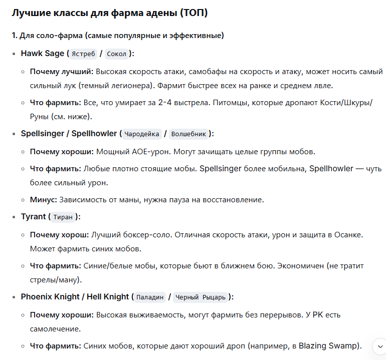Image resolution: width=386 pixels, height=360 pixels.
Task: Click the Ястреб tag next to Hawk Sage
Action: point(83,54)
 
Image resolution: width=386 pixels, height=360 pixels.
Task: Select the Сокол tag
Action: point(117,54)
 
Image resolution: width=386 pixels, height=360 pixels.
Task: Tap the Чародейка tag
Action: point(142,134)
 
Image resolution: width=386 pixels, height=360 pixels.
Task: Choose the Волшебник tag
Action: point(188,134)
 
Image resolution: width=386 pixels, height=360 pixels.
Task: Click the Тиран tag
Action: point(63,217)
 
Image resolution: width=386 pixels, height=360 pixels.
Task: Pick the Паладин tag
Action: point(150,297)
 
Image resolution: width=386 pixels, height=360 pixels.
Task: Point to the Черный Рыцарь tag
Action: point(201,297)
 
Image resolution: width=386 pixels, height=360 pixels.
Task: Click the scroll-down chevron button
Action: point(378,345)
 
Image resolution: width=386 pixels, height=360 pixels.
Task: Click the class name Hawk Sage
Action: point(43,54)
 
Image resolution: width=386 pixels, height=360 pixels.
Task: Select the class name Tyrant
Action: point(33,217)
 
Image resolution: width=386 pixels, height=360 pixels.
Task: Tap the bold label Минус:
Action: point(44,199)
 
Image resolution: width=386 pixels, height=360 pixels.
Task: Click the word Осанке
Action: point(362,235)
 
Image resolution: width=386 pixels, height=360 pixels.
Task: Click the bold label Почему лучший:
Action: point(62,72)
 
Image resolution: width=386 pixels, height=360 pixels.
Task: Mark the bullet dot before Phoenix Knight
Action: point(14,297)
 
